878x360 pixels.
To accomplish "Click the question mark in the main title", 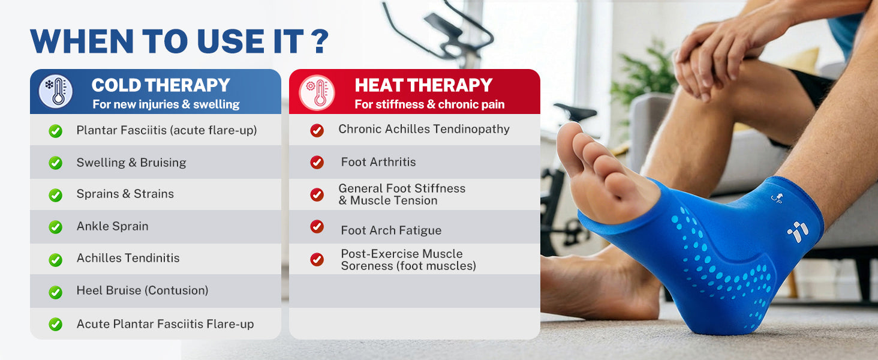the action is coord(321,41).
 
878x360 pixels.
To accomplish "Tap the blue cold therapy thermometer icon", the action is coord(56,91).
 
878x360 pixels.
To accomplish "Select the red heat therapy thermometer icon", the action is coord(317,92).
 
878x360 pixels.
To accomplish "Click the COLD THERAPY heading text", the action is coord(161,85).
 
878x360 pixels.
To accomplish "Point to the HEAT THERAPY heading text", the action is coord(423,85).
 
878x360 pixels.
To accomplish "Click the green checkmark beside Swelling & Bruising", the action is coord(55,163).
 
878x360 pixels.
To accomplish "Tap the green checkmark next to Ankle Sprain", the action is coord(55,227).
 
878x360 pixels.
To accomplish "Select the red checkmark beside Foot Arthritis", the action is coord(317,162).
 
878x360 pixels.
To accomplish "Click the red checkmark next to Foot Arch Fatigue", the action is coord(317,226).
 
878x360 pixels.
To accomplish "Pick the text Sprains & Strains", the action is coord(125,194).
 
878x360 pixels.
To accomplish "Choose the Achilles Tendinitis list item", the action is coord(128,258).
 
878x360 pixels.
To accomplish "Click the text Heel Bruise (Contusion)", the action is coord(142,290).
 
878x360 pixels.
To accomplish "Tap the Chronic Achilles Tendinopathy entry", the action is coord(424,129).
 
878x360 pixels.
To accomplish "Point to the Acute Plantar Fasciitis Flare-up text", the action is coord(165,324).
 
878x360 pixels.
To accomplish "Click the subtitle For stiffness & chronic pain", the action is coord(429,104).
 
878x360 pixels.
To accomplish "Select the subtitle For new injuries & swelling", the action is coord(166,104).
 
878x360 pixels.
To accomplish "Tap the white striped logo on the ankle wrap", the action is coord(798,232).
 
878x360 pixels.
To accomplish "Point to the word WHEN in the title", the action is coord(82,41).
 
